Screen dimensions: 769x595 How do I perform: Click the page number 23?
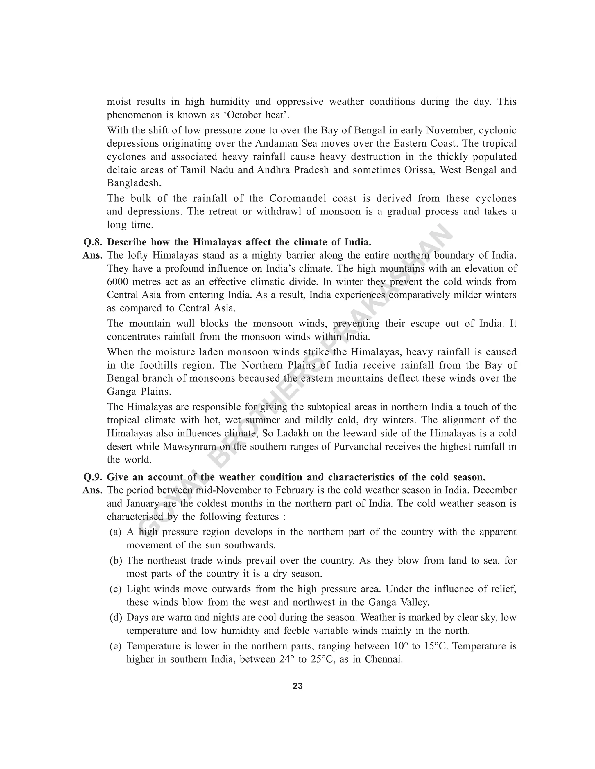coord(297,686)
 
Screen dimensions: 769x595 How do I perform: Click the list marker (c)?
coord(116,589)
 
